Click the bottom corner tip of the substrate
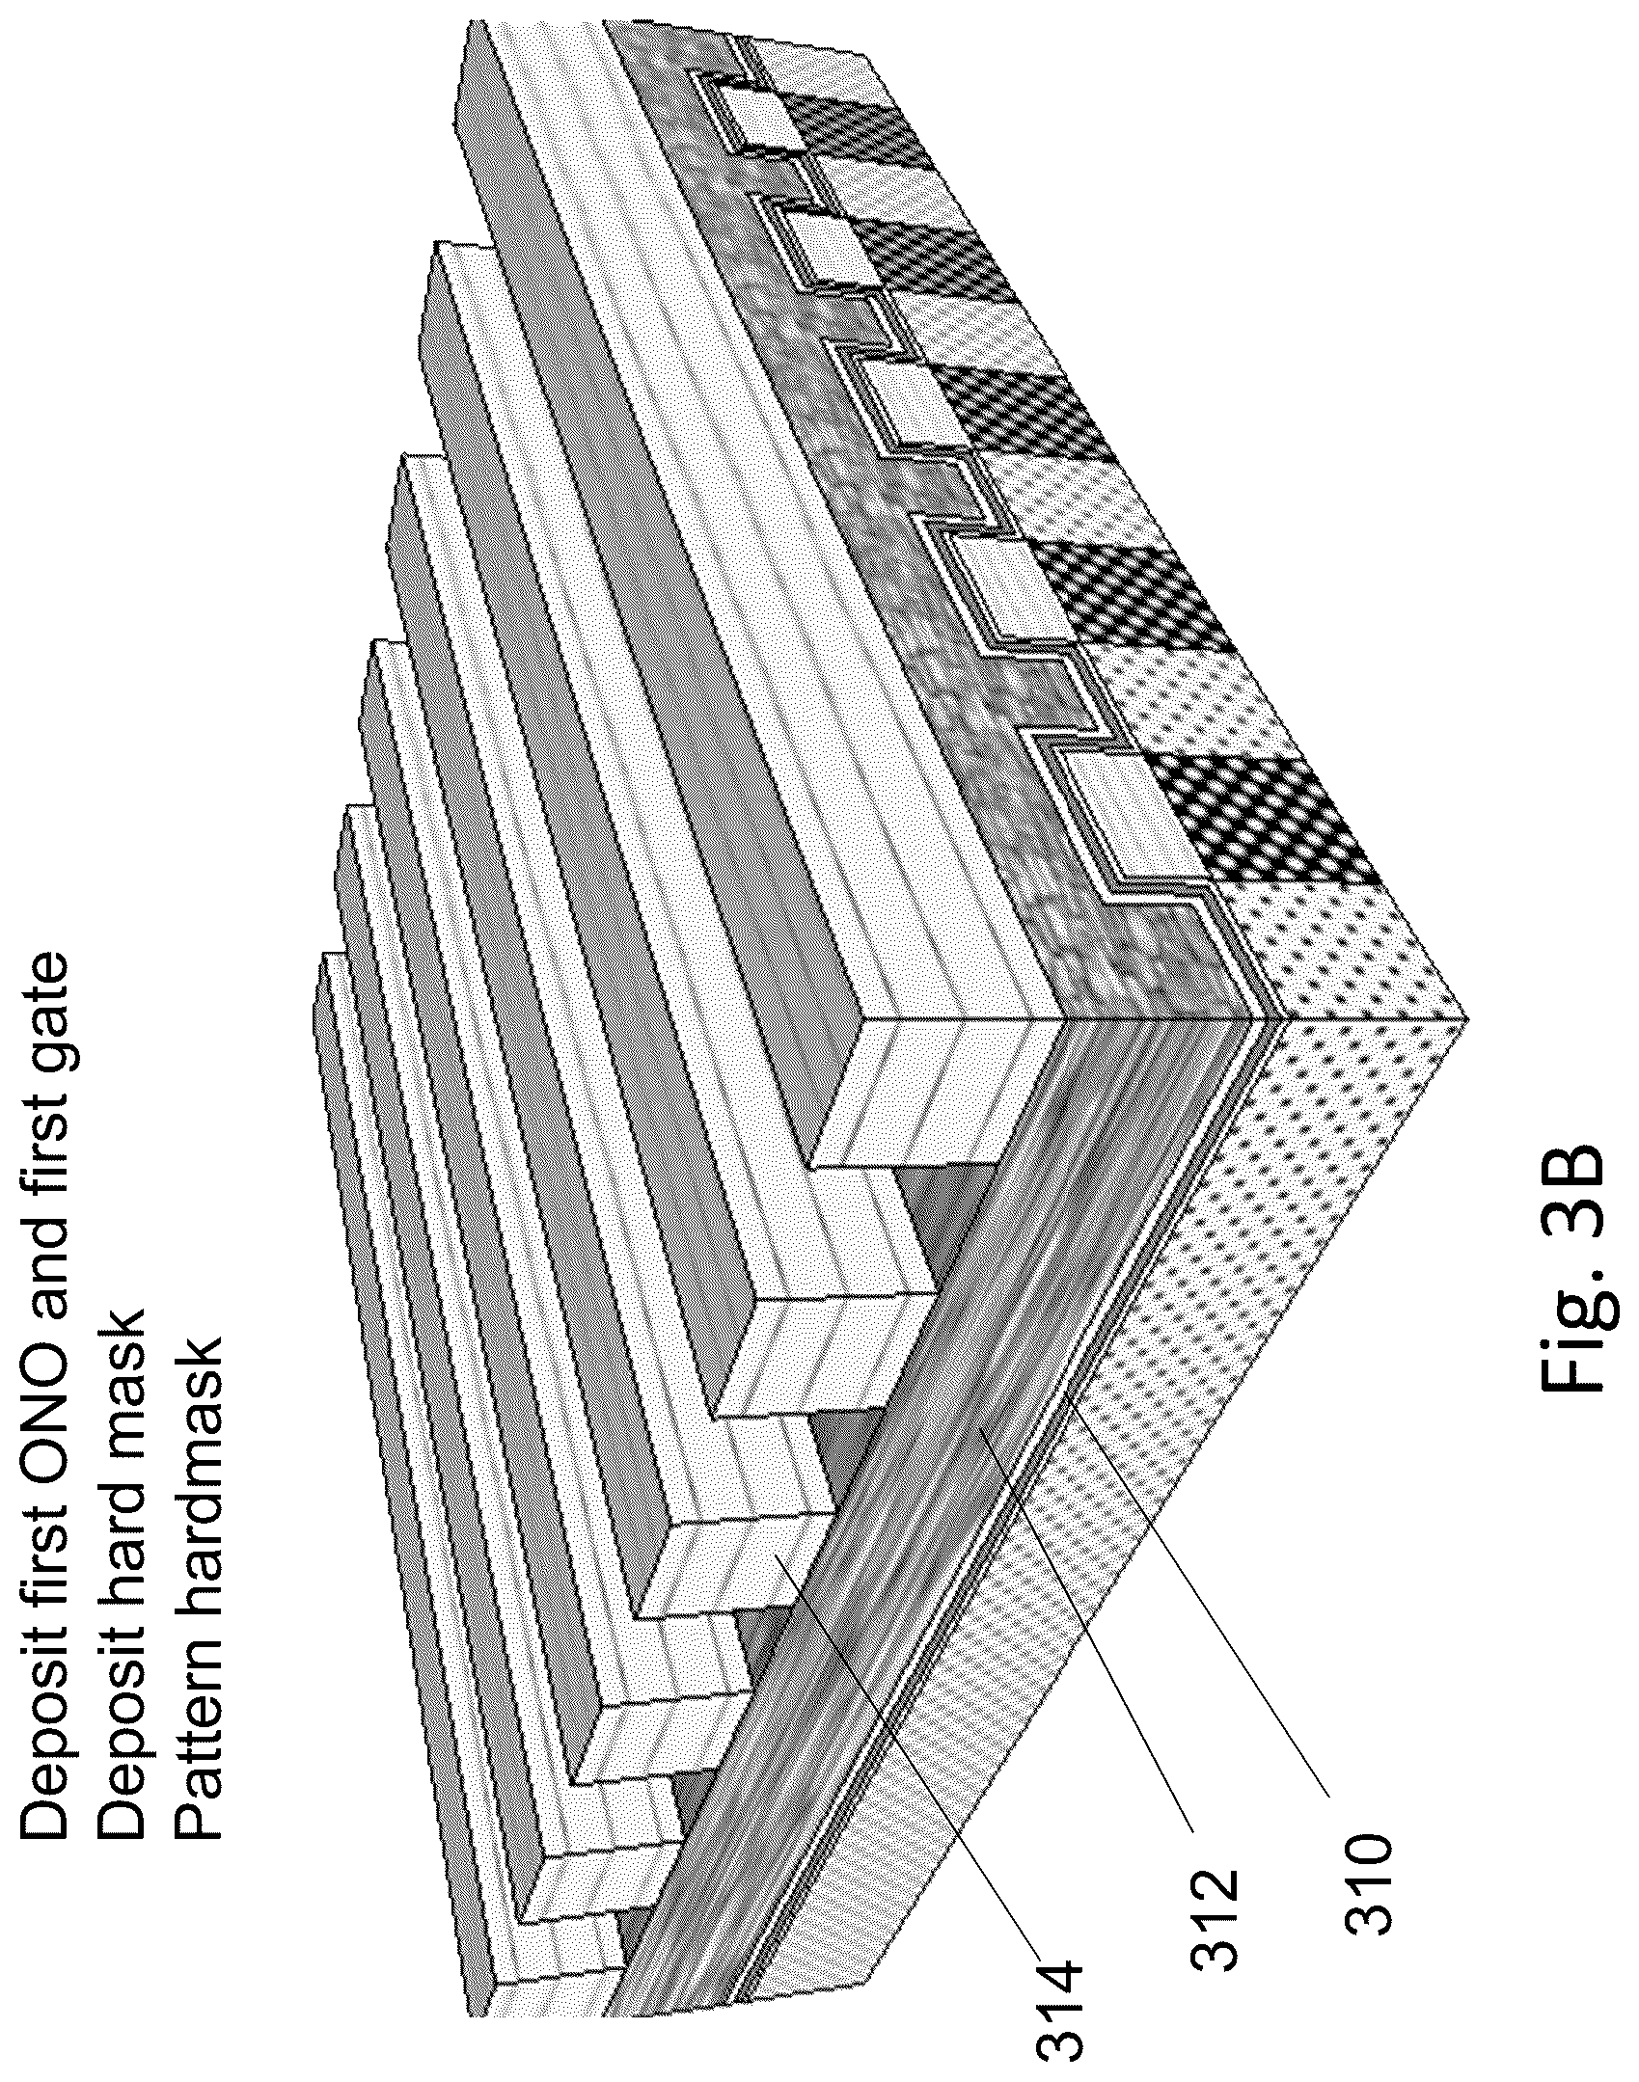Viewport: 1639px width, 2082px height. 1466,1020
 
